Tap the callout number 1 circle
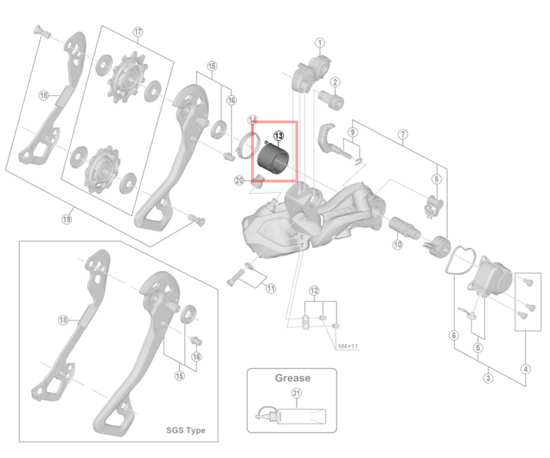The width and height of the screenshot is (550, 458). [319, 43]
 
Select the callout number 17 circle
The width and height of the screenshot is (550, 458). [137, 32]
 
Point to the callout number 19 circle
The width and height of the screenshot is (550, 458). [66, 219]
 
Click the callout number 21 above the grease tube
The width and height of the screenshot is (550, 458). [296, 395]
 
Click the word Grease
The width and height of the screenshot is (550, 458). [292, 378]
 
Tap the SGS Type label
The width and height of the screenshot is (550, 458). [185, 431]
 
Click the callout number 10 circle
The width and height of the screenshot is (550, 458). [397, 245]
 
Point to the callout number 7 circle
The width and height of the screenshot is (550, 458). [403, 134]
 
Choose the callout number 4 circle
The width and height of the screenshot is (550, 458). [525, 368]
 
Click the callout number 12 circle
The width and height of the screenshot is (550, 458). [314, 290]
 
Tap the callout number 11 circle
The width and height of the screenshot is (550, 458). [271, 288]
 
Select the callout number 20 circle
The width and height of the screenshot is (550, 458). [240, 181]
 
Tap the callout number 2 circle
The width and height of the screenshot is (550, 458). [336, 82]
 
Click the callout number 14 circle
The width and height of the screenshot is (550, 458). [252, 120]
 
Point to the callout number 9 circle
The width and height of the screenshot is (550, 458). [353, 132]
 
